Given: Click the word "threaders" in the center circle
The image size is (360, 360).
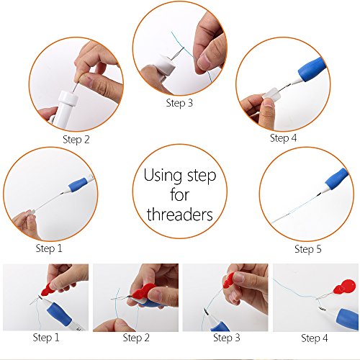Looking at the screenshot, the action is pos(180,214).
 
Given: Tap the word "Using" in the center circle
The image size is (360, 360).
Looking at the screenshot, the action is pos(163,176).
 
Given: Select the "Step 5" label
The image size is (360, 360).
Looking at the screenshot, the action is pos(308,249).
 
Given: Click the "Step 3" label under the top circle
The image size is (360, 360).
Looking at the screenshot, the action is pos(179,103).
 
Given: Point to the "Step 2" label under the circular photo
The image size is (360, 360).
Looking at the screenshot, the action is pos(76,140).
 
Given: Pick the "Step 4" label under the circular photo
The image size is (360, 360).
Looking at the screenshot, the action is pos(283,138).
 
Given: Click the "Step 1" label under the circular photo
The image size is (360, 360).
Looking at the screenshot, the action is pos(49,248).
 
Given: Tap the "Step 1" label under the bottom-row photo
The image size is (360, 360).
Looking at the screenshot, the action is pos(46,338).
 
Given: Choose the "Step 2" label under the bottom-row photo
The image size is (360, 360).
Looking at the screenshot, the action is pos(136,338).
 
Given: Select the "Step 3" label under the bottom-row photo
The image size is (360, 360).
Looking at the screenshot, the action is pos(227,338).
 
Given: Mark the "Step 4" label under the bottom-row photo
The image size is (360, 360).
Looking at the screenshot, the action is pos(315,338).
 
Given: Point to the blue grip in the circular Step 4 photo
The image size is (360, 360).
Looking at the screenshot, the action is pos(312,69).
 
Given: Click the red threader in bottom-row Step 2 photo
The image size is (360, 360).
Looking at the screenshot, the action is pos(142,293).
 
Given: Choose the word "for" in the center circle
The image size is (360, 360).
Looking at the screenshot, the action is pos(179,194).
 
